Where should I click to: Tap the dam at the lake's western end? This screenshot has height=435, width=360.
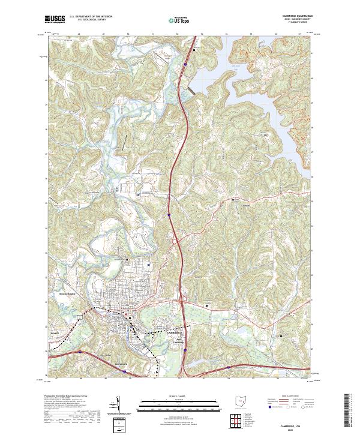[191, 89]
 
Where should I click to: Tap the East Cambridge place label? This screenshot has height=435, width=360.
[179, 340]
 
